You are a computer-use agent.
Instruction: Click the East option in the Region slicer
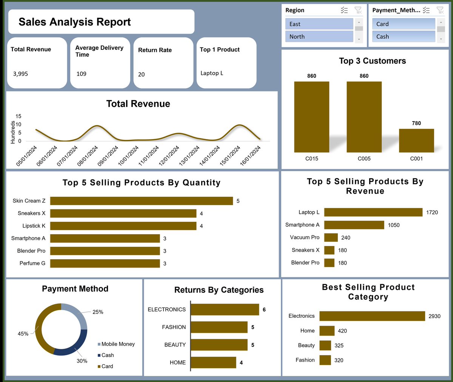pos(319,24)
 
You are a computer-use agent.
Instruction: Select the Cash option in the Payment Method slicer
pos(404,37)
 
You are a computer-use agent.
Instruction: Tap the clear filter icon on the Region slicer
pos(358,10)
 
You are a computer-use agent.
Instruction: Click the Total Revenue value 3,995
pos(20,74)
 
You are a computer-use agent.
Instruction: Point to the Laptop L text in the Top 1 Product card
pos(212,73)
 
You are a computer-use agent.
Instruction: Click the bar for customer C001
pos(416,141)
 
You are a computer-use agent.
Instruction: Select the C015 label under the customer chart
pos(311,159)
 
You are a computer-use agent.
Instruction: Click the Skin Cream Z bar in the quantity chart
pos(141,201)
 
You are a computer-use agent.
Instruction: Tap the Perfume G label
pos(32,263)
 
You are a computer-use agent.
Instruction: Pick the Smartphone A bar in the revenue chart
pos(354,225)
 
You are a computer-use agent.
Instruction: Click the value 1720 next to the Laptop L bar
pos(432,212)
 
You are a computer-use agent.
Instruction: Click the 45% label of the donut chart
pos(23,334)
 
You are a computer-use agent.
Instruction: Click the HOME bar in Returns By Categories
pos(213,362)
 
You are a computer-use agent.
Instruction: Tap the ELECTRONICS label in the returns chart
pos(166,309)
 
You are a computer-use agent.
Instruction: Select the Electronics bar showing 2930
pos(372,316)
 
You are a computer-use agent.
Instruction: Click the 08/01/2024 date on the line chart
pos(88,156)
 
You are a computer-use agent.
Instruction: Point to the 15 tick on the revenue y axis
pos(18,116)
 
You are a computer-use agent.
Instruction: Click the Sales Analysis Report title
pos(75,22)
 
